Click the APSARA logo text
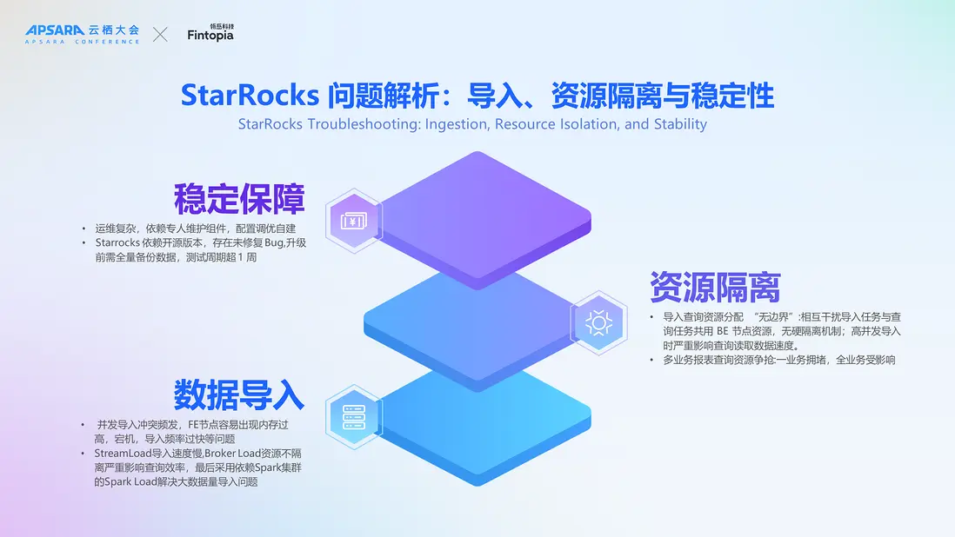[x=54, y=30]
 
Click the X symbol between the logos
[x=161, y=34]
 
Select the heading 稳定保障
[x=239, y=199]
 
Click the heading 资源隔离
[x=715, y=286]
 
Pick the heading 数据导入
[x=239, y=394]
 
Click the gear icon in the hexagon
[x=598, y=322]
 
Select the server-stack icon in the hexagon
[x=354, y=416]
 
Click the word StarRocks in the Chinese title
[x=238, y=95]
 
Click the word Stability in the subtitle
[x=679, y=123]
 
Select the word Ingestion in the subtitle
[x=457, y=123]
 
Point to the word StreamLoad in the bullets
[x=121, y=453]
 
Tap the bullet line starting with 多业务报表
[x=778, y=360]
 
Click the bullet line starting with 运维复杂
[x=196, y=229]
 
